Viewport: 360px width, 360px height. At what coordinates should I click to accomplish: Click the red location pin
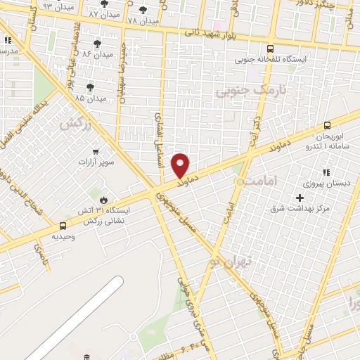(x=181, y=165)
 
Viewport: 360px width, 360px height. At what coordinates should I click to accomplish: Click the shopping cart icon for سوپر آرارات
(x=96, y=151)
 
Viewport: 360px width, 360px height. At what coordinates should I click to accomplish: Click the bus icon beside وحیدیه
(x=63, y=226)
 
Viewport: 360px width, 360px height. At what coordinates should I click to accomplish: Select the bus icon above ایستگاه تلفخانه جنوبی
(x=270, y=49)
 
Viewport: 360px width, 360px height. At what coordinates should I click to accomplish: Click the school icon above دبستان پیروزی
(x=326, y=172)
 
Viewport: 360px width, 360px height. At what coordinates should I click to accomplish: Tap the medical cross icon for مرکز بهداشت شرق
(x=300, y=198)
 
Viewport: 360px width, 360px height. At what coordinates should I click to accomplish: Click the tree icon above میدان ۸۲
(x=97, y=43)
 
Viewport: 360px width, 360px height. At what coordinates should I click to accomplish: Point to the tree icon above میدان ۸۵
(x=89, y=87)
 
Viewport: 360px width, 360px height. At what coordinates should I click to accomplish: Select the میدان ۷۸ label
(x=143, y=21)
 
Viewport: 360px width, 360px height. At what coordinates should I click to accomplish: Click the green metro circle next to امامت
(x=240, y=181)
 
